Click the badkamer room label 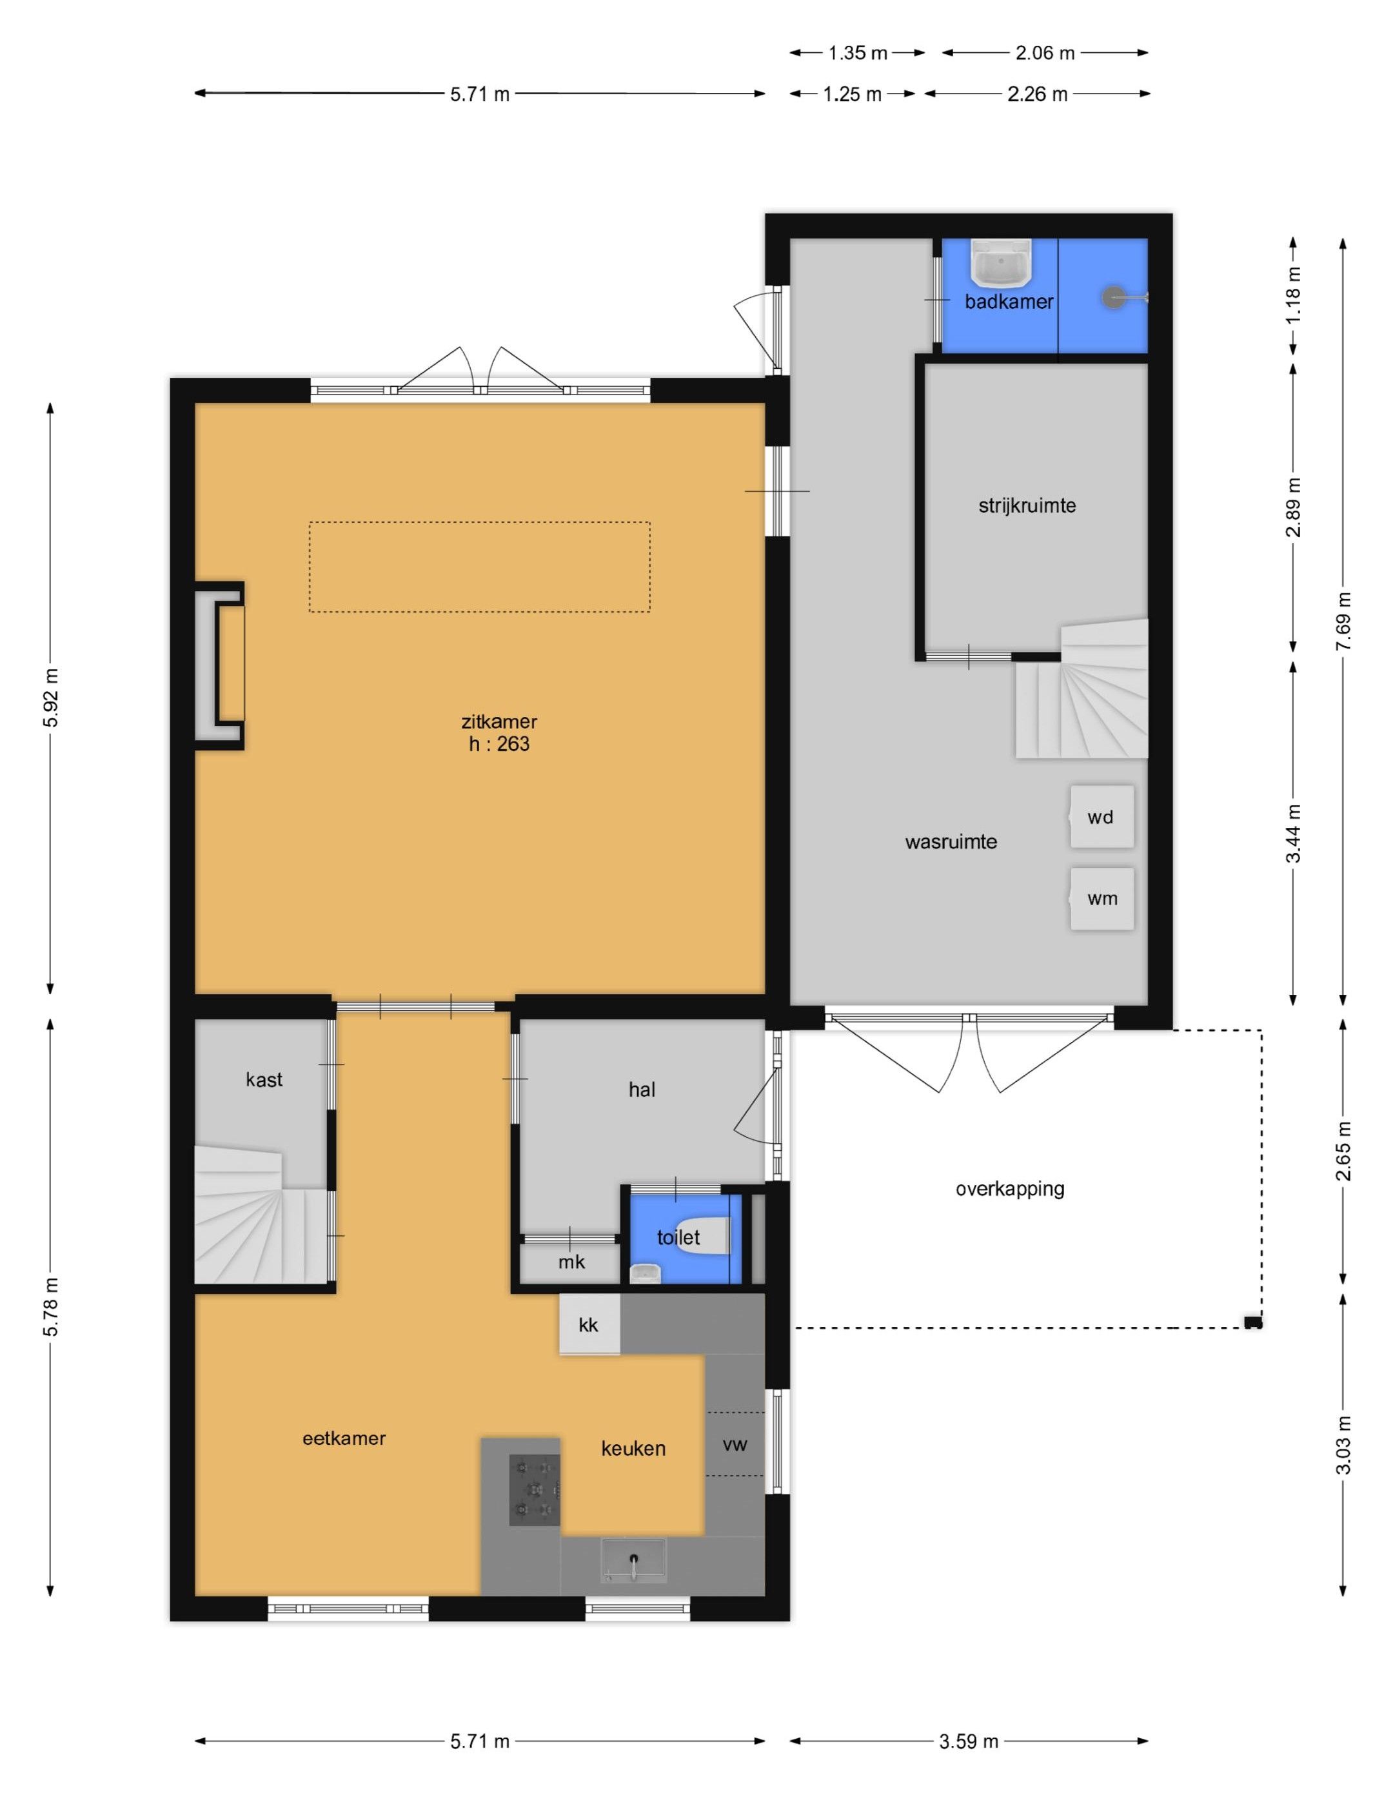[1009, 302]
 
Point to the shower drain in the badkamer [1114, 298]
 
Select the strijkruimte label [1027, 505]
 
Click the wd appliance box [1102, 817]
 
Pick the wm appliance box [1102, 899]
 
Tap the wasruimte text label [951, 843]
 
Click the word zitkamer [499, 721]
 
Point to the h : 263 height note [499, 744]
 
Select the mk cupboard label [571, 1262]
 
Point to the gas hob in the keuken [535, 1489]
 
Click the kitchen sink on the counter [633, 1561]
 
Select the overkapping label [1010, 1189]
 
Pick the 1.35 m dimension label [858, 54]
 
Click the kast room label [264, 1079]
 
